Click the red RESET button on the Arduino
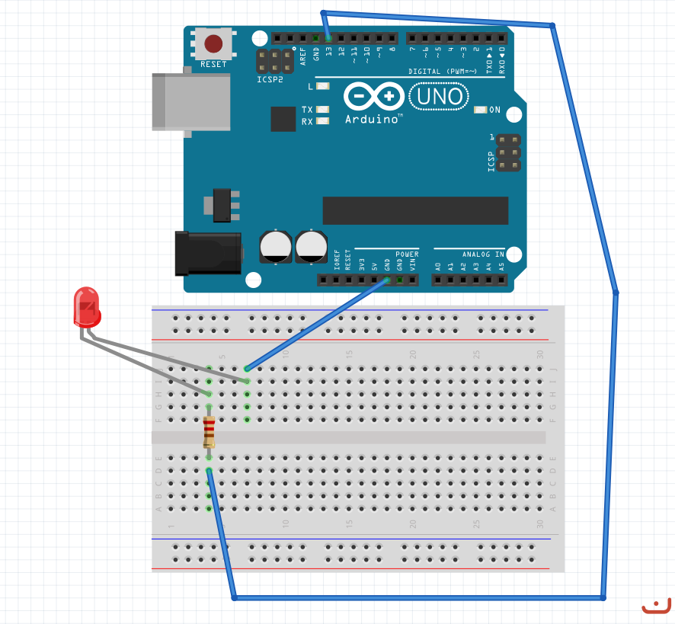[214, 43]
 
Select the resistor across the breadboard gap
[209, 432]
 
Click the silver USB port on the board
[190, 101]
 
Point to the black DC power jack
[208, 254]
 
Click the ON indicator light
[480, 110]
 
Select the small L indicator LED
[323, 86]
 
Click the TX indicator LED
[323, 110]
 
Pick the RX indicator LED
[323, 121]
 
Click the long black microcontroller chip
[415, 210]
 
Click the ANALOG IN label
[483, 254]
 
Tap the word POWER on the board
[407, 254]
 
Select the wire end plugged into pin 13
[328, 37]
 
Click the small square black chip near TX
[283, 118]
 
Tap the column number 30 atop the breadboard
[539, 354]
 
